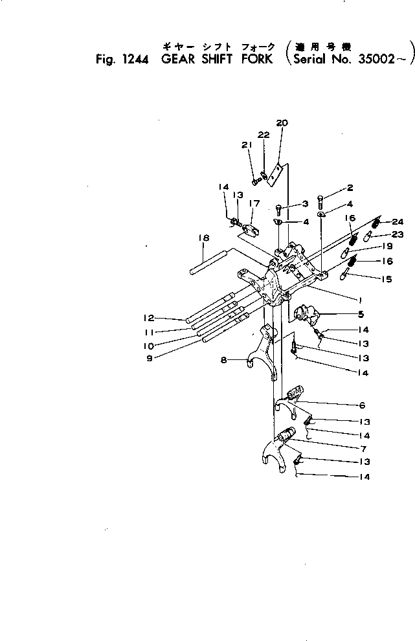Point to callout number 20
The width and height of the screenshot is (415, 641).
click(282, 123)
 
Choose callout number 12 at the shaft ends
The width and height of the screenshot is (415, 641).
click(148, 318)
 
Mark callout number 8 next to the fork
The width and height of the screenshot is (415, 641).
click(223, 360)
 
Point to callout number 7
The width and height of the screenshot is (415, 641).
click(364, 448)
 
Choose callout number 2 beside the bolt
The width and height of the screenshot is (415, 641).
click(350, 188)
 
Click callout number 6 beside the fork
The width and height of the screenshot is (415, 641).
click(361, 405)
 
